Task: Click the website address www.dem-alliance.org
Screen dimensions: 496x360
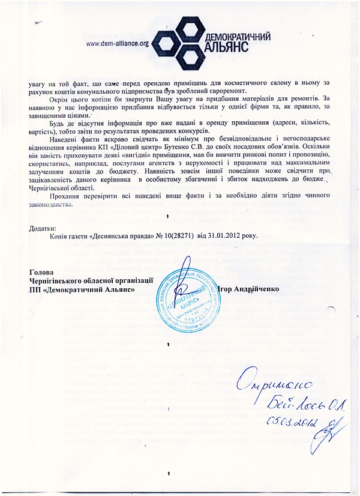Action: [x=118, y=43]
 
